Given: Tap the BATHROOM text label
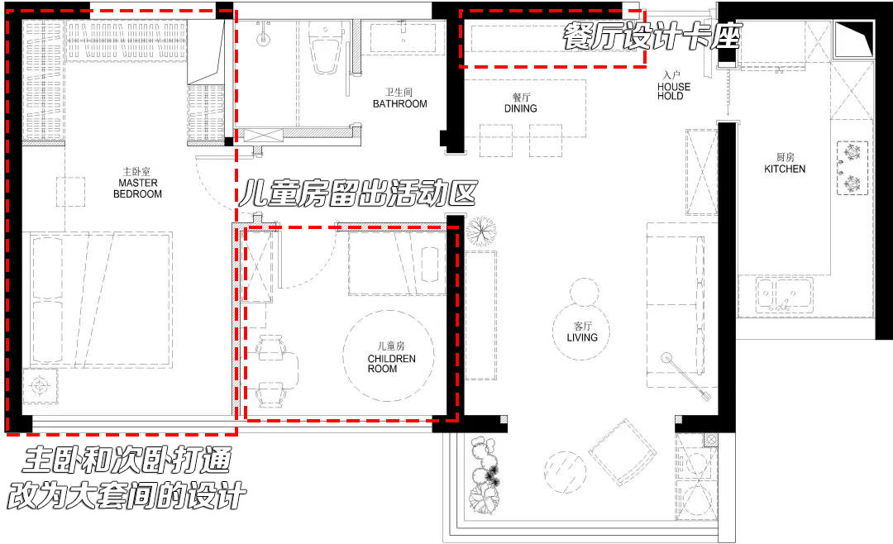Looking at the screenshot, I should coord(399,98).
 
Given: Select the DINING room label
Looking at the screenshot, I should coord(520,103).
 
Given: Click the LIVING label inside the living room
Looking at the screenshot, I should coord(582,332).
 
